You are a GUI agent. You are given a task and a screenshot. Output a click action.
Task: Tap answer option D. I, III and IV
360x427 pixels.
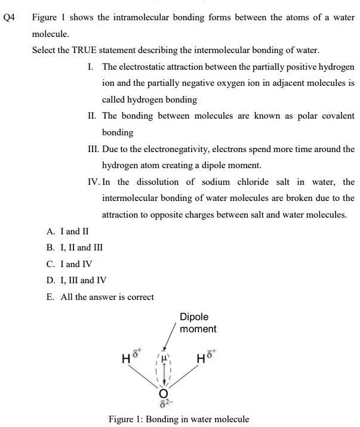coord(81,280)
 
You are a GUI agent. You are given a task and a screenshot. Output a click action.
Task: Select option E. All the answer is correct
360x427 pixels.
coord(100,296)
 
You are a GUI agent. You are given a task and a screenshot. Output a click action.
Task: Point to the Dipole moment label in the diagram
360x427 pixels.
coord(198,323)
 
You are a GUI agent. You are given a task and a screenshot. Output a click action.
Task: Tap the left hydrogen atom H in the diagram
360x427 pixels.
coord(125,360)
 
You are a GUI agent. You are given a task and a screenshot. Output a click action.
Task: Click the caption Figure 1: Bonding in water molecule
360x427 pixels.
coord(179,419)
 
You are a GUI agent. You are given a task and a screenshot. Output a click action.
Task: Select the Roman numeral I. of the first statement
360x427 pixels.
coord(90,66)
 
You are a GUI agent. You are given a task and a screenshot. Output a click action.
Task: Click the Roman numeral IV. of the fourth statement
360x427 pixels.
coord(93,182)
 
